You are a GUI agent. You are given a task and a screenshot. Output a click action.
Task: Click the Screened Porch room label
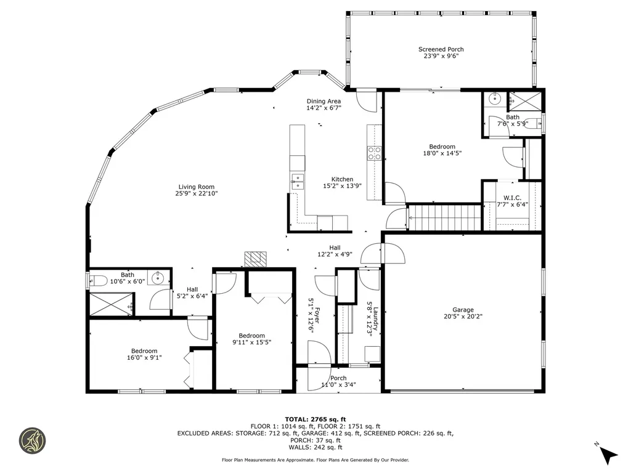tap(441, 49)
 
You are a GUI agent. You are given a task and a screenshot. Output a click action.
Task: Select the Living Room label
tap(197, 187)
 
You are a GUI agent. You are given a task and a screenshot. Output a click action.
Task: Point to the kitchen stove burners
tap(374, 153)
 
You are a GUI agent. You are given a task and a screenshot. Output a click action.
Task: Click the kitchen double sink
tap(298, 181)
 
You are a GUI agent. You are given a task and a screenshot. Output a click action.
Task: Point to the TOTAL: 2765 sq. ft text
tap(315, 418)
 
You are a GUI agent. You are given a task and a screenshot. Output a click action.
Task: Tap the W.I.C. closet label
tap(512, 198)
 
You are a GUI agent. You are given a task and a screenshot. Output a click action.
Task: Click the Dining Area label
tap(324, 101)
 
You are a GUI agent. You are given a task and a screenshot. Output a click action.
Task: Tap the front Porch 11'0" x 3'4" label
tap(338, 378)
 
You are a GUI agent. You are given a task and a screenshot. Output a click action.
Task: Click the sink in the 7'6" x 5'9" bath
tap(495, 99)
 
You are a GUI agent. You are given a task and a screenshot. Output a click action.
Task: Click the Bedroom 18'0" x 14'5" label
tap(442, 147)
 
